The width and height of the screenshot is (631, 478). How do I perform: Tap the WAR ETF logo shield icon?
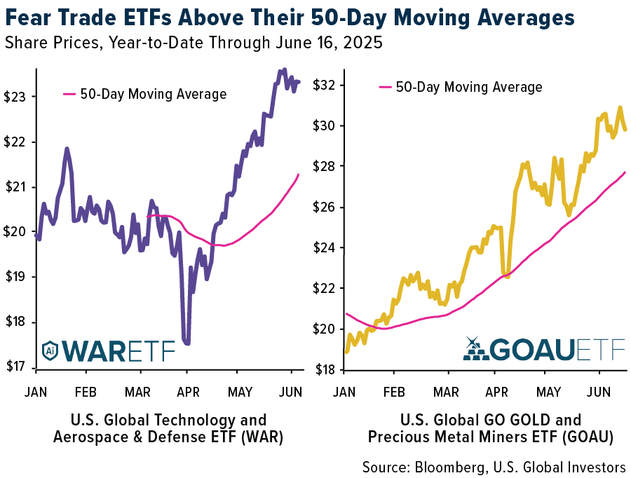(x=50, y=350)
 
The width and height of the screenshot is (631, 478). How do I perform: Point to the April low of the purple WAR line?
(x=187, y=343)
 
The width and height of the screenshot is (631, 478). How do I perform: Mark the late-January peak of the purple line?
(x=67, y=149)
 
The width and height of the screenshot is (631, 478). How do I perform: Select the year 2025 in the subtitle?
(x=365, y=43)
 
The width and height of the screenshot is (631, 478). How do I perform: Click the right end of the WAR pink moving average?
(x=299, y=175)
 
